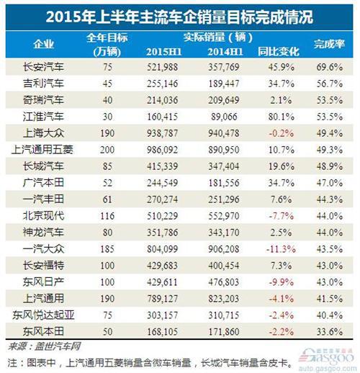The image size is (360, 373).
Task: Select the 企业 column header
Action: pos(40,42)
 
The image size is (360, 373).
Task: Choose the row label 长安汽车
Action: pos(40,66)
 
